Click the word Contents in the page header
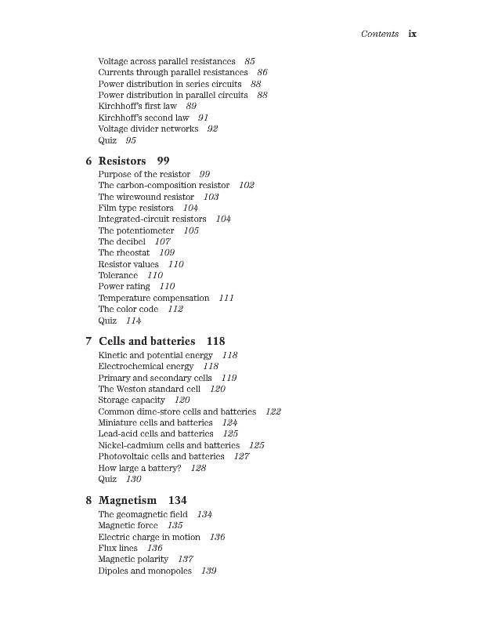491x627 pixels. tap(380, 34)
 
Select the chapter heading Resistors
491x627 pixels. tap(122, 161)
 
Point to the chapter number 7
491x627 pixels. tap(88, 341)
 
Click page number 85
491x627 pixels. tap(250, 61)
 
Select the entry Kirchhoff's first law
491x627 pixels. tap(138, 106)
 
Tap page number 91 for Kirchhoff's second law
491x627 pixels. tap(204, 118)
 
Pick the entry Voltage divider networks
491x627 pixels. tap(148, 129)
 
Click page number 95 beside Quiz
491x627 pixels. tap(131, 140)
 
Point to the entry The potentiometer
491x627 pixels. tap(136, 230)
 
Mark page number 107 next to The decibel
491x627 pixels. tap(162, 242)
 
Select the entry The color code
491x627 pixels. tap(128, 310)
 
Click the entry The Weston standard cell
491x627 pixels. tap(150, 389)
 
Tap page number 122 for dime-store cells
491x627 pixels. tap(273, 411)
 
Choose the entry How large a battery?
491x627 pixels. tap(139, 468)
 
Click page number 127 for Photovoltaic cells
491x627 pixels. tap(241, 456)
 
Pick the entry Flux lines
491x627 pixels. tap(118, 548)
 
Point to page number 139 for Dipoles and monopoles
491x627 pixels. tap(208, 571)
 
